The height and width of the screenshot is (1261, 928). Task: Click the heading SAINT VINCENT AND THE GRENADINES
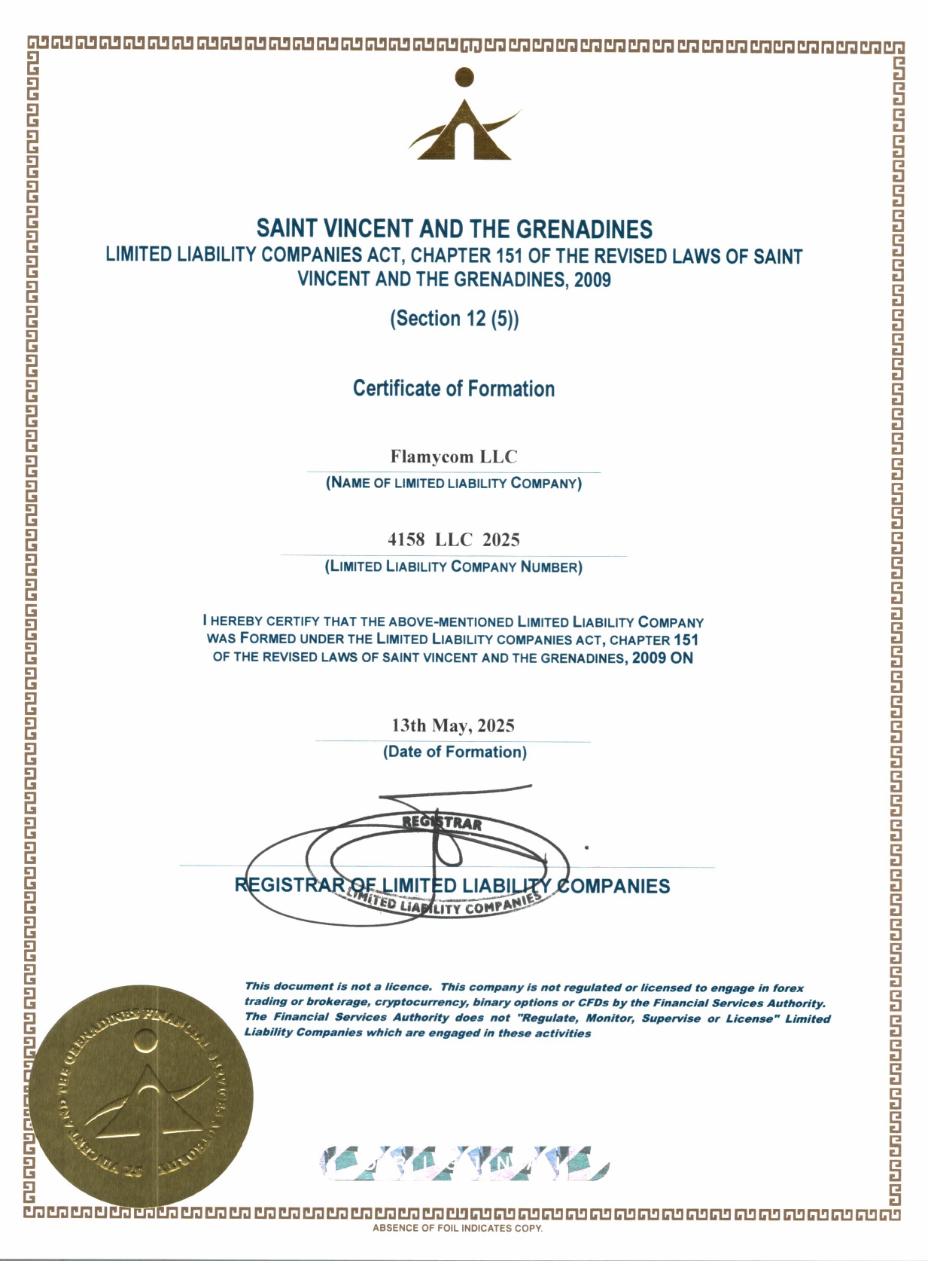tap(454, 228)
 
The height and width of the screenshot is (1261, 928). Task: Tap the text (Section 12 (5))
tap(454, 319)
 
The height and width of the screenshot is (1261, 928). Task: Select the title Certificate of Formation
tap(454, 389)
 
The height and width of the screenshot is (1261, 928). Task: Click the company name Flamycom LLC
tap(454, 456)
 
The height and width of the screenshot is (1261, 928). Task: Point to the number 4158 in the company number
tap(406, 539)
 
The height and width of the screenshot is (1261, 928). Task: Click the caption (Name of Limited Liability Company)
tap(454, 484)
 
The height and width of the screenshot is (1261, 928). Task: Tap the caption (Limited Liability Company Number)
tap(454, 566)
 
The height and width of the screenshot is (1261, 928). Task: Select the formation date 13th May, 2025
tap(453, 725)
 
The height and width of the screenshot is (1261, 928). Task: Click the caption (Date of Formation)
tap(455, 752)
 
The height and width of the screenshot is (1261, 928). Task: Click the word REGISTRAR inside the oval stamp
tap(443, 823)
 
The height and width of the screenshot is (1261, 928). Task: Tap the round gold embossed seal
tap(141, 1096)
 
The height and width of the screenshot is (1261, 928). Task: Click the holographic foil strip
tap(464, 1163)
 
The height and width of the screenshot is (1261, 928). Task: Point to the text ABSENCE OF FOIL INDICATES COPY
tap(458, 1229)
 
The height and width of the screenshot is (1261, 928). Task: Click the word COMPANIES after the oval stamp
tap(613, 887)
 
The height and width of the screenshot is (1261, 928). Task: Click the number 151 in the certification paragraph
tap(686, 640)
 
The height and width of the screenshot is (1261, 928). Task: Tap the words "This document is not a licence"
tap(338, 986)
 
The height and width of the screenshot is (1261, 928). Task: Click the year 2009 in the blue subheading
tap(592, 280)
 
